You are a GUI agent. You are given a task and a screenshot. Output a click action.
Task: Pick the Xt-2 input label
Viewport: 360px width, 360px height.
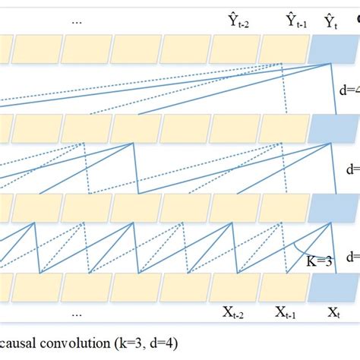(235, 312)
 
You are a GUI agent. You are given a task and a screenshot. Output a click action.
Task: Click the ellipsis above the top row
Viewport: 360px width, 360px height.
(77, 21)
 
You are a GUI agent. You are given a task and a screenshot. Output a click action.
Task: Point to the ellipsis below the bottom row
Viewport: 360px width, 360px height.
(77, 312)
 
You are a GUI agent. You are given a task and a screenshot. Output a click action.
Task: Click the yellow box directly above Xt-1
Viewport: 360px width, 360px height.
(285, 286)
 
